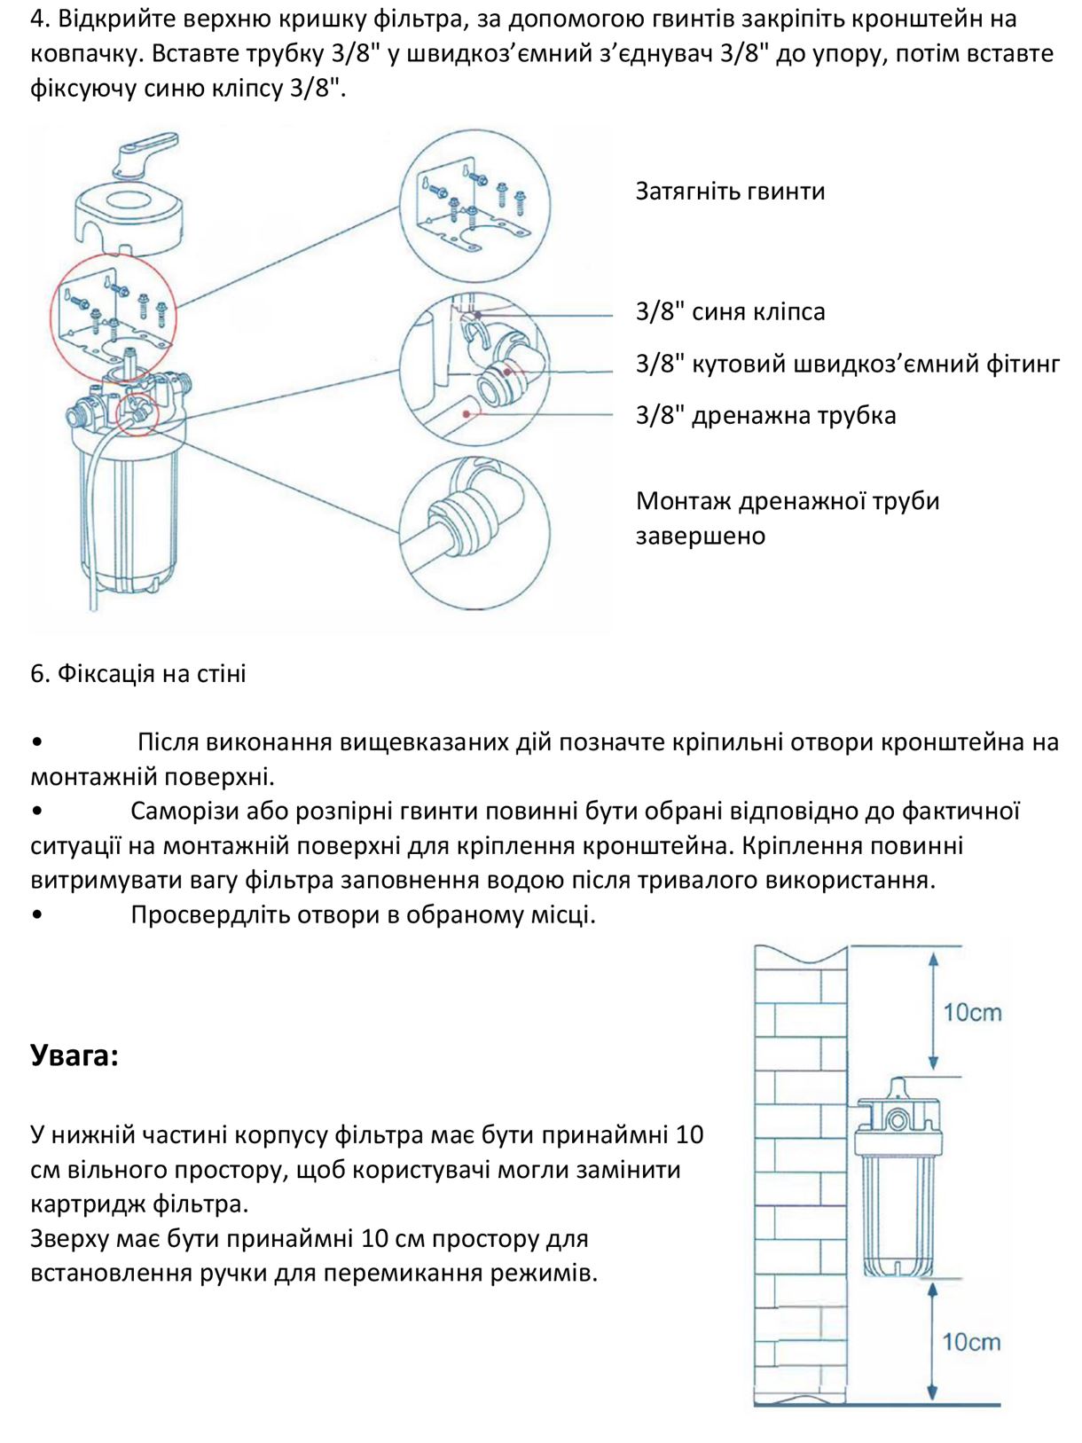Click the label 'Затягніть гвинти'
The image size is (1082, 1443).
coord(729,192)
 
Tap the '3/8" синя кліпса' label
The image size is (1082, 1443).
coord(729,312)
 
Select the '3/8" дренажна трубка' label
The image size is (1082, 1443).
coord(764,416)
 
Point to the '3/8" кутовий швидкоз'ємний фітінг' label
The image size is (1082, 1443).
coord(847,365)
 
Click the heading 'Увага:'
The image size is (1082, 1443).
coord(74,1055)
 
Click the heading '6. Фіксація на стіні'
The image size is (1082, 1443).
coord(138,674)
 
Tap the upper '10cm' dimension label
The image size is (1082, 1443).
coord(971,1013)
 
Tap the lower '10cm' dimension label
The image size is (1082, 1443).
coord(971,1342)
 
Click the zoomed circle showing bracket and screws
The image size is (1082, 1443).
coord(474,206)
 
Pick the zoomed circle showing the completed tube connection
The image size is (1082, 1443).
coord(474,532)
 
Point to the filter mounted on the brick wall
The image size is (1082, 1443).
coord(896,1180)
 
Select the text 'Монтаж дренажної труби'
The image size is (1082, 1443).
coord(787,502)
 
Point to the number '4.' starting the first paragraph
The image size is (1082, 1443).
coord(41,19)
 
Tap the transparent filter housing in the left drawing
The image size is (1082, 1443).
coord(124,514)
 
